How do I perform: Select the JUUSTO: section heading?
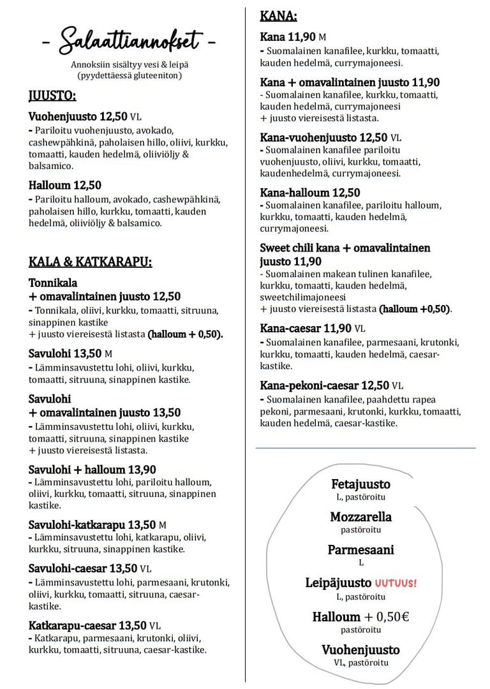pyautogui.click(x=52, y=96)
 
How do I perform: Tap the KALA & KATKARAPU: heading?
pyautogui.click(x=90, y=262)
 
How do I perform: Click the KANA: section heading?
pyautogui.click(x=278, y=17)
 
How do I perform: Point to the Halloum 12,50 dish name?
pyautogui.click(x=65, y=186)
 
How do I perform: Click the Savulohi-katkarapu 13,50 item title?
pyautogui.click(x=92, y=525)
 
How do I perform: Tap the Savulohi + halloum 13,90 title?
pyautogui.click(x=93, y=470)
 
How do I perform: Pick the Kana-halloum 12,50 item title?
pyautogui.click(x=310, y=193)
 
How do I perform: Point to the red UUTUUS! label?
pyautogui.click(x=396, y=583)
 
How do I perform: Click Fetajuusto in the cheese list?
pyautogui.click(x=360, y=484)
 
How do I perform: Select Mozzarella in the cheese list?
pyautogui.click(x=360, y=517)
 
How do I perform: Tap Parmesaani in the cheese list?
pyautogui.click(x=360, y=550)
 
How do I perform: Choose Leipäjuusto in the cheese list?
pyautogui.click(x=338, y=583)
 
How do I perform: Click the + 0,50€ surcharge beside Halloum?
pyautogui.click(x=387, y=617)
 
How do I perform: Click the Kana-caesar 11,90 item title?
pyautogui.click(x=306, y=329)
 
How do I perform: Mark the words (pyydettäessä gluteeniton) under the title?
pyautogui.click(x=130, y=75)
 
